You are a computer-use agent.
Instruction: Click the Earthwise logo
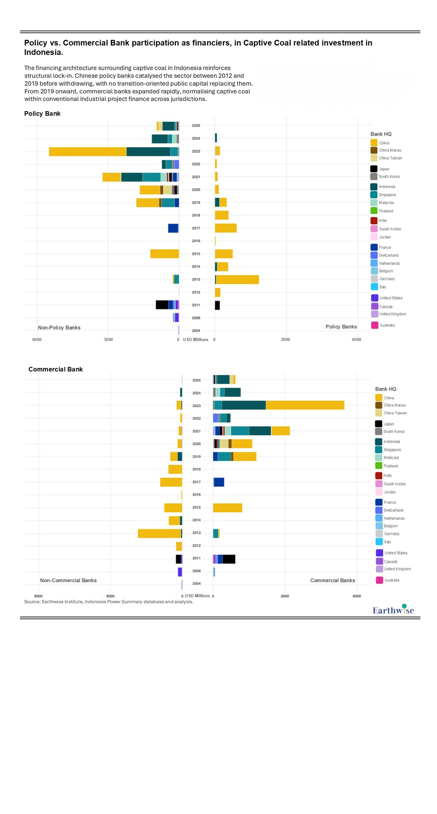click(x=393, y=610)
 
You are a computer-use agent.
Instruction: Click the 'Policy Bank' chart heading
click(x=42, y=114)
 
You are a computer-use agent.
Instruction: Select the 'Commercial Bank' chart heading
click(x=56, y=369)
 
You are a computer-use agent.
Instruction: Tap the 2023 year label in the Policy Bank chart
click(x=196, y=151)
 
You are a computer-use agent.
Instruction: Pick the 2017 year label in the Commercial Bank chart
click(x=197, y=482)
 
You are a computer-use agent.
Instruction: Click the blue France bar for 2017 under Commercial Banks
click(x=219, y=482)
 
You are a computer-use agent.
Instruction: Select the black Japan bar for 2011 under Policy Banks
click(x=217, y=305)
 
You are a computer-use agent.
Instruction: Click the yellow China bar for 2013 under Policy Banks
click(x=237, y=279)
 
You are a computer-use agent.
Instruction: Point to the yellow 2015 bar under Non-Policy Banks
click(x=165, y=254)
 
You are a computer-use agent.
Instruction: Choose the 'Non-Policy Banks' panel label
click(x=59, y=328)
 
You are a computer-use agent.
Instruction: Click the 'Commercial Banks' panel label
click(x=332, y=580)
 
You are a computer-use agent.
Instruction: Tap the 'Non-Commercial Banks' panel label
click(x=68, y=580)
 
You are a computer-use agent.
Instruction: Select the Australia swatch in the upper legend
click(x=375, y=325)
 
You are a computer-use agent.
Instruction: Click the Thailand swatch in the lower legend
click(x=379, y=466)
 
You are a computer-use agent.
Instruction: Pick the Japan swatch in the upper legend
click(x=374, y=169)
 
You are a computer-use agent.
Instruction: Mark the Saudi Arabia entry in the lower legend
click(x=394, y=484)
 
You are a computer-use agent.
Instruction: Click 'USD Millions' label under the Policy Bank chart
click(x=196, y=340)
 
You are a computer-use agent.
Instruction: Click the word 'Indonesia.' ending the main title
click(x=44, y=52)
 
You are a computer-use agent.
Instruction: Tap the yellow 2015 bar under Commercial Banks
click(x=227, y=508)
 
